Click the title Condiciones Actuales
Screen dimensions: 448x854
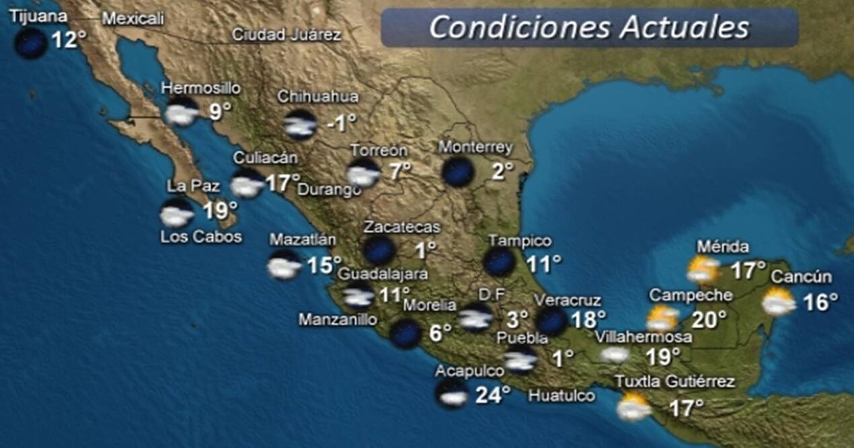[x=588, y=28]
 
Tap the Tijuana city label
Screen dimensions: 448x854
[x=38, y=16]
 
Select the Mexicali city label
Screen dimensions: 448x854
[x=132, y=20]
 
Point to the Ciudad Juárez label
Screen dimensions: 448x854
[x=286, y=36]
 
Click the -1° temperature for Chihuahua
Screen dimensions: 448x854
[x=341, y=124]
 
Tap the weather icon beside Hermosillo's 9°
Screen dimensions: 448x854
[x=182, y=112]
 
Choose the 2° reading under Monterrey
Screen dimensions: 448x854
[x=502, y=172]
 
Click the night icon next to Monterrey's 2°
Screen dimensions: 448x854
[x=458, y=172]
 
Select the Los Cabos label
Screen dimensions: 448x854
[x=200, y=237]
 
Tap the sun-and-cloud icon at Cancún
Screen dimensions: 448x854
[x=779, y=302]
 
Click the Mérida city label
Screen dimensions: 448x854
[x=723, y=247]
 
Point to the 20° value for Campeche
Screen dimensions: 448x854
[x=709, y=319]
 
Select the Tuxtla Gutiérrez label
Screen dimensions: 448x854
[x=674, y=382]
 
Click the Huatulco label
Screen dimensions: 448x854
[x=561, y=396]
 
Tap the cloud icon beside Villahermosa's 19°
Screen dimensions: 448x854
[x=615, y=354]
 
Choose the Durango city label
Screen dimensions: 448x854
[x=329, y=190]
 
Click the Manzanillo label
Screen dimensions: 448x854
[x=338, y=320]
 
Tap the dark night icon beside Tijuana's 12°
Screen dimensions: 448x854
[x=31, y=43]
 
